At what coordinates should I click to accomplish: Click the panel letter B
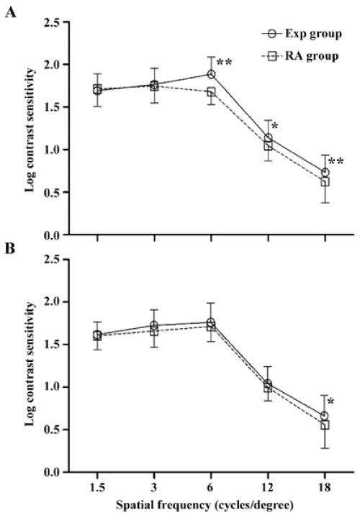(x=10, y=248)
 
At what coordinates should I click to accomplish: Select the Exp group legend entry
(x=302, y=34)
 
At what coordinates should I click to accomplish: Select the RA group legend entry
(x=300, y=56)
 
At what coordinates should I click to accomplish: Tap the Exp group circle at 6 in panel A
(x=211, y=74)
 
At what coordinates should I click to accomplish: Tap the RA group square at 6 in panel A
(x=211, y=91)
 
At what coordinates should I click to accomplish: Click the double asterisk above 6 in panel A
(x=224, y=63)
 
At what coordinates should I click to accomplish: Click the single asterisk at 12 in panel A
(x=274, y=126)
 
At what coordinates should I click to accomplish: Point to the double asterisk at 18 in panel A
(x=336, y=161)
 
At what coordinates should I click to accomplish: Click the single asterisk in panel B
(x=330, y=401)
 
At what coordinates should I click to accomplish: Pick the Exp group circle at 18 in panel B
(x=325, y=415)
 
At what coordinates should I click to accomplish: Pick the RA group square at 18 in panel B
(x=325, y=425)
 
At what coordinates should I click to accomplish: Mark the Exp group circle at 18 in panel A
(x=325, y=172)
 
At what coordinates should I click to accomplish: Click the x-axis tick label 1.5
(x=97, y=487)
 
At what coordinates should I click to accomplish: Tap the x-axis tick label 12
(x=268, y=487)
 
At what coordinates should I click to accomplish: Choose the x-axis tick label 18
(x=325, y=487)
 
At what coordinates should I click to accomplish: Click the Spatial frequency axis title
(x=204, y=506)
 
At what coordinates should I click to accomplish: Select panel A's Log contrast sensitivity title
(x=30, y=129)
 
